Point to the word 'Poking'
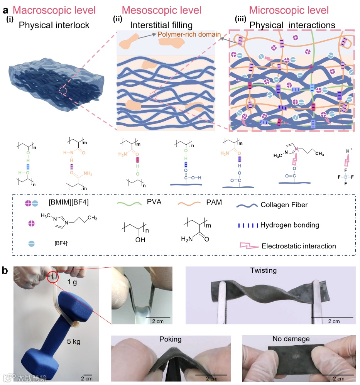coord(170,339)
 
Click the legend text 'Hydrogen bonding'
coord(289,225)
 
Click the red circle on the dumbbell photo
coord(54,277)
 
